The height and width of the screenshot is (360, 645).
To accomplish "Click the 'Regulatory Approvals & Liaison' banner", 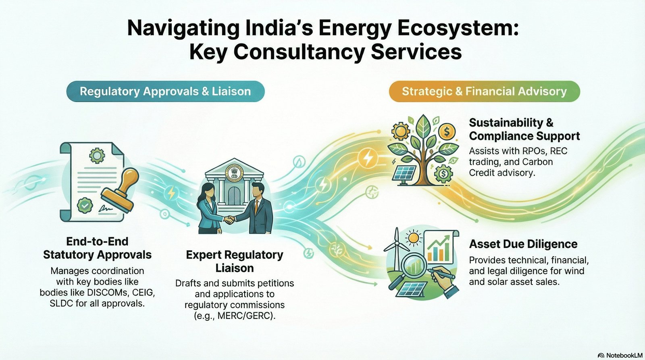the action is pos(165,91).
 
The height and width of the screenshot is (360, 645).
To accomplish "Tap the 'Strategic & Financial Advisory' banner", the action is pos(484,91).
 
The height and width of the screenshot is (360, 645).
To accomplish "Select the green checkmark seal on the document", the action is pos(85,205).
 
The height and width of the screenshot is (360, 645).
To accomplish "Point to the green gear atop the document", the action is pos(97,156).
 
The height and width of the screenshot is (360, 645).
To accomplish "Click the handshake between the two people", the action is pos(229,220).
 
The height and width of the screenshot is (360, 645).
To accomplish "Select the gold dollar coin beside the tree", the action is pos(447,131).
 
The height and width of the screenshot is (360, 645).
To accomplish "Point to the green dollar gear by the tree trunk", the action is pos(443,174).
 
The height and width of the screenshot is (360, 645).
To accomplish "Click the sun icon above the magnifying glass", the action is pos(414,238).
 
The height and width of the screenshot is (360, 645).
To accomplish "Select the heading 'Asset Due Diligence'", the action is pos(523,244).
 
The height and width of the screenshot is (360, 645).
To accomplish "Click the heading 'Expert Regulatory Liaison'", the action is pos(234,261).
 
